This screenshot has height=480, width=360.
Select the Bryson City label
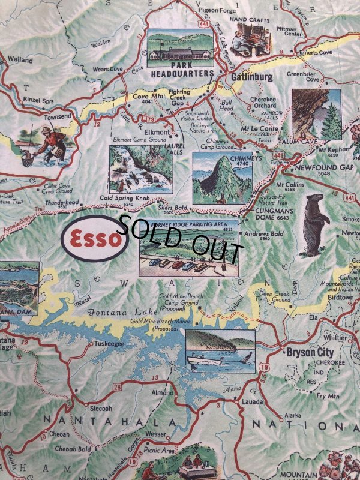pos(309,352)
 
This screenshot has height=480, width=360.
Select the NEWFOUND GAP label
pos(323,167)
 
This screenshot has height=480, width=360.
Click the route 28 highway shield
pos(117,386)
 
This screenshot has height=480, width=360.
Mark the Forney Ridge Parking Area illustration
pos(188,249)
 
